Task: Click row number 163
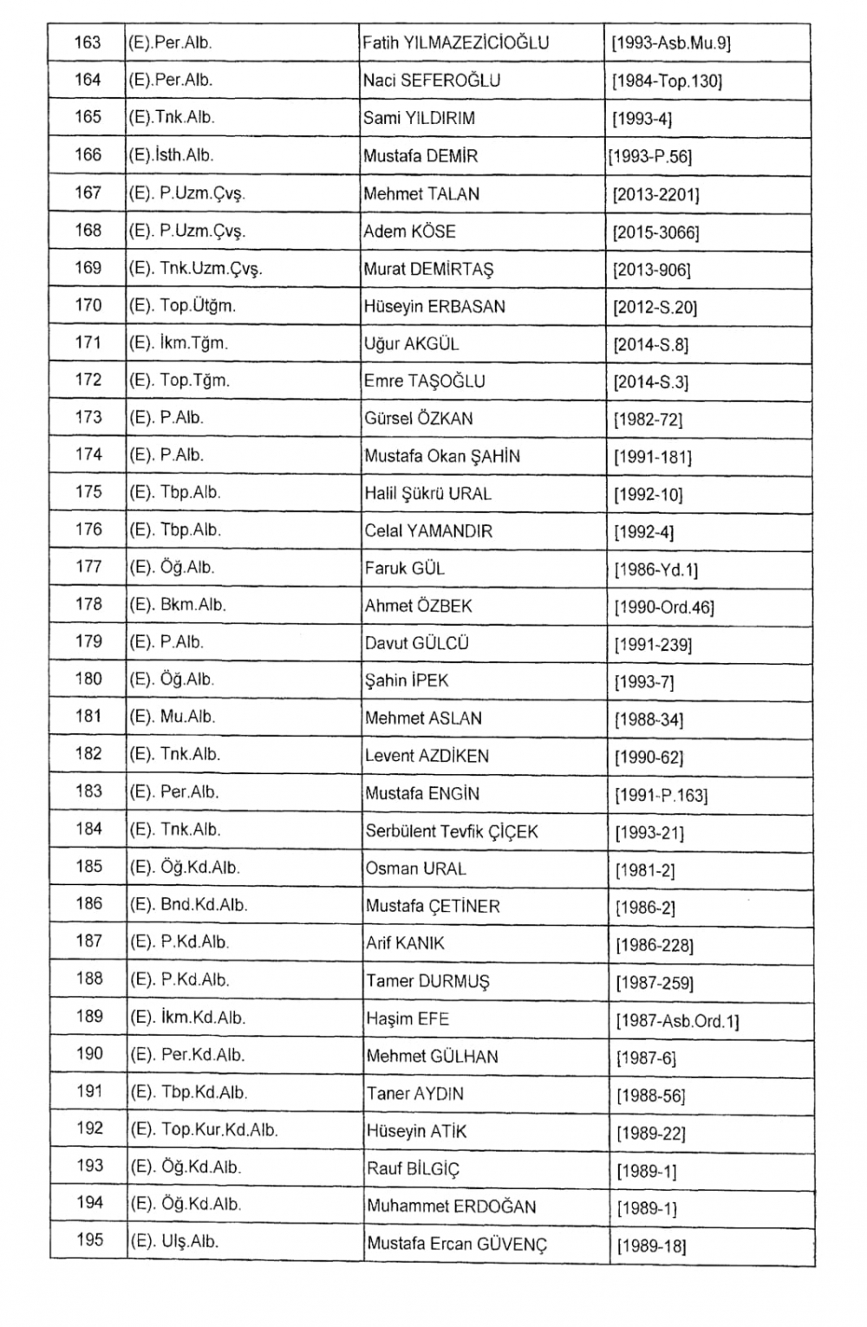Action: tap(88, 42)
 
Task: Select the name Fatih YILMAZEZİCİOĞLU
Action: tap(455, 42)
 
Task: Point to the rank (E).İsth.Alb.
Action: tap(171, 155)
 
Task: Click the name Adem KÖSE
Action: tap(409, 231)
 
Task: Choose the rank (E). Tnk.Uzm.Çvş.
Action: tap(196, 268)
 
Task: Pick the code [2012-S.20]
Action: tap(655, 307)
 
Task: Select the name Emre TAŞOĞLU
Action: tap(424, 381)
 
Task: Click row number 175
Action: tap(88, 491)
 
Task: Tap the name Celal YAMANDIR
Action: tap(428, 530)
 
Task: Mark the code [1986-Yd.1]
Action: tap(655, 569)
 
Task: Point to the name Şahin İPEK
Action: tap(407, 680)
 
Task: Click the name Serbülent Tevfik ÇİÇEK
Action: tap(452, 831)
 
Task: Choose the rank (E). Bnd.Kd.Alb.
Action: tap(189, 904)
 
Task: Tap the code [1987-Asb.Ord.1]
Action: tap(676, 1021)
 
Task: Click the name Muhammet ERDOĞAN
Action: tap(451, 1206)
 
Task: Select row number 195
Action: tap(89, 1239)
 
